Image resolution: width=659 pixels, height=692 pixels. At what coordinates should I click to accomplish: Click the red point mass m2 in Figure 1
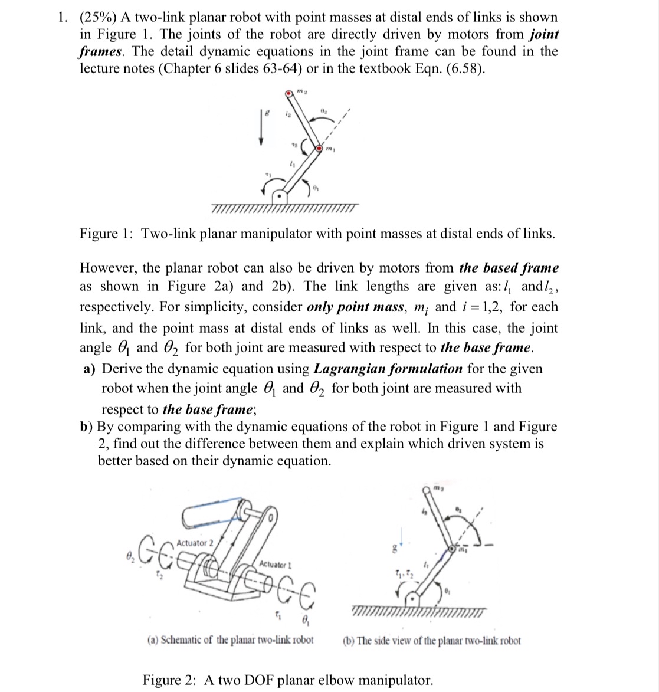click(288, 93)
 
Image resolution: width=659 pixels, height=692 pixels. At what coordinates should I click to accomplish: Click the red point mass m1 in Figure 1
click(319, 147)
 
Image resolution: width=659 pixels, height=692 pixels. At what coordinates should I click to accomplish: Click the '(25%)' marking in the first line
click(100, 18)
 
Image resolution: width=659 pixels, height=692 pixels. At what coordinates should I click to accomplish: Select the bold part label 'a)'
click(90, 369)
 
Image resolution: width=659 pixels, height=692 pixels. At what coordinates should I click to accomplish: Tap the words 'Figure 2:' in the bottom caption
click(171, 680)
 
